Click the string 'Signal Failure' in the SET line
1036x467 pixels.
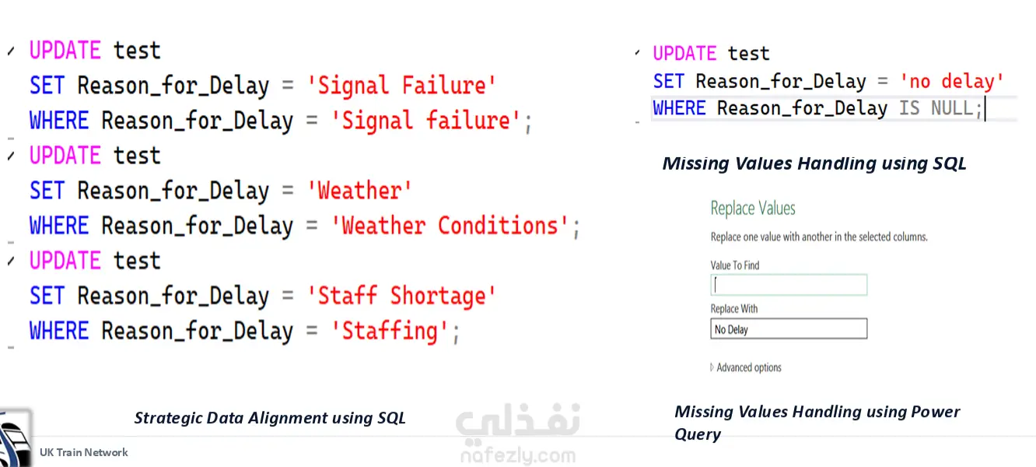pos(401,86)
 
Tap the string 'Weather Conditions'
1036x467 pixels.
pos(450,226)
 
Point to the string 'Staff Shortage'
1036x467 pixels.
pos(401,297)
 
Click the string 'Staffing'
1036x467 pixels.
pos(390,332)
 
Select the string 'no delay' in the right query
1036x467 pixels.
pos(951,82)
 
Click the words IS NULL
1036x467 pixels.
pos(936,108)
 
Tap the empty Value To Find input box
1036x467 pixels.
pos(789,285)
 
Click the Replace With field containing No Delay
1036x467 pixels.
pos(789,328)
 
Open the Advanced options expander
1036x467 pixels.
pos(746,367)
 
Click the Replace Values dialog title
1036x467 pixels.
pos(752,209)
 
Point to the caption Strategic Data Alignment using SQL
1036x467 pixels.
pos(270,418)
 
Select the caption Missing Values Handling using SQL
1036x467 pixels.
pos(814,163)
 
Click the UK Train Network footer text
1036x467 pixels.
pos(84,452)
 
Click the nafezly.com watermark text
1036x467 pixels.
pos(518,456)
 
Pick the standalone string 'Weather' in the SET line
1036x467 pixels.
pos(359,191)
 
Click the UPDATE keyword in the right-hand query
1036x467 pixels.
pos(684,54)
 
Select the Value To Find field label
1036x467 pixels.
pos(735,265)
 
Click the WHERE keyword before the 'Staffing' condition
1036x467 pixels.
pos(59,332)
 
